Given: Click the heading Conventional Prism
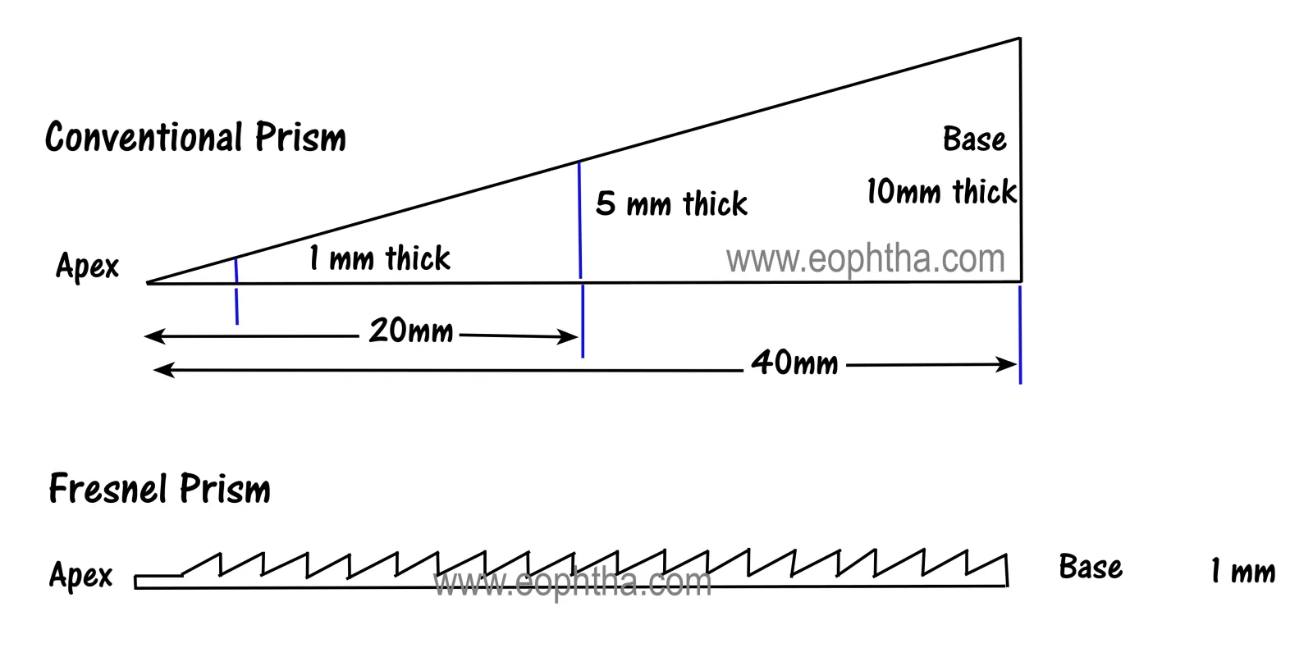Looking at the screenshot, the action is [x=195, y=138].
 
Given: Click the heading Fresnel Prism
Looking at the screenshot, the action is [x=159, y=489].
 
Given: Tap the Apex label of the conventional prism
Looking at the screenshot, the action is [x=87, y=266].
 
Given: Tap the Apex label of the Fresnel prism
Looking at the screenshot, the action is [x=81, y=575].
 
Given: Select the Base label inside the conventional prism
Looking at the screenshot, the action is [x=974, y=139].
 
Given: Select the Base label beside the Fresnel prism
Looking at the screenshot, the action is [x=1091, y=568].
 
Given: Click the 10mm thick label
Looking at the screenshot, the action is [x=941, y=192].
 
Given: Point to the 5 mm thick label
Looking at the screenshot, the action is [x=671, y=204].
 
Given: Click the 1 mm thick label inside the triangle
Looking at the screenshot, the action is [x=380, y=258].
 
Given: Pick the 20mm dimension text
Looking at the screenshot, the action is [x=411, y=331].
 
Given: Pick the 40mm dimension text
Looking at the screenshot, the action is [x=795, y=363].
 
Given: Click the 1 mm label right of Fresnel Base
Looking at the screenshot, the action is [x=1243, y=572].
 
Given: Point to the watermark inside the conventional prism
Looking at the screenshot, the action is [x=865, y=259].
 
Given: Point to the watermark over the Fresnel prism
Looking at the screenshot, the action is [x=572, y=582].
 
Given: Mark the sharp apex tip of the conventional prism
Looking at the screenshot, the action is [x=147, y=283].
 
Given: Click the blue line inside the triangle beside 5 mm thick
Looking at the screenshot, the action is [x=579, y=220].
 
